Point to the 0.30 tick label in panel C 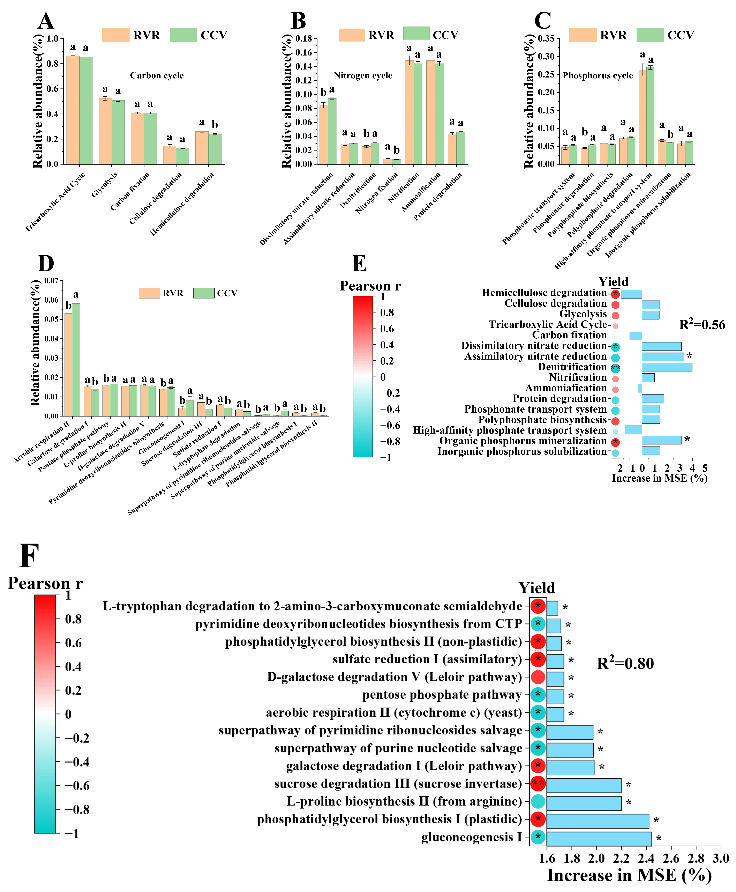(546, 56)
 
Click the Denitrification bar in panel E (667, 367)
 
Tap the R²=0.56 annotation (702, 325)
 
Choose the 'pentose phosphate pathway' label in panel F (442, 695)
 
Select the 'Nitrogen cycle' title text (363, 75)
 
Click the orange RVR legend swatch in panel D (149, 293)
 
